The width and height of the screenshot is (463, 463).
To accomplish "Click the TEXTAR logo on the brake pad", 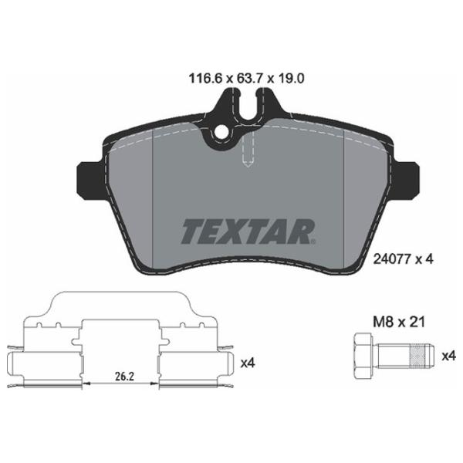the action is click(248, 231).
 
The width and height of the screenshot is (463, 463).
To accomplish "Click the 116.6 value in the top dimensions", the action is click(205, 79).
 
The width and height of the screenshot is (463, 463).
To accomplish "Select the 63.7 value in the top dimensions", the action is click(247, 79).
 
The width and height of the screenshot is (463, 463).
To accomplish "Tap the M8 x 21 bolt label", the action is click(399, 322).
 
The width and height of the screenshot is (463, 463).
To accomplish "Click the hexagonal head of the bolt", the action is click(363, 357).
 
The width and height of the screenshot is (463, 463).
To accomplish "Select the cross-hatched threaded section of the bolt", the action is click(417, 357).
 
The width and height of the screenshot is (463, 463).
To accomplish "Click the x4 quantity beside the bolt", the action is click(449, 357).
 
